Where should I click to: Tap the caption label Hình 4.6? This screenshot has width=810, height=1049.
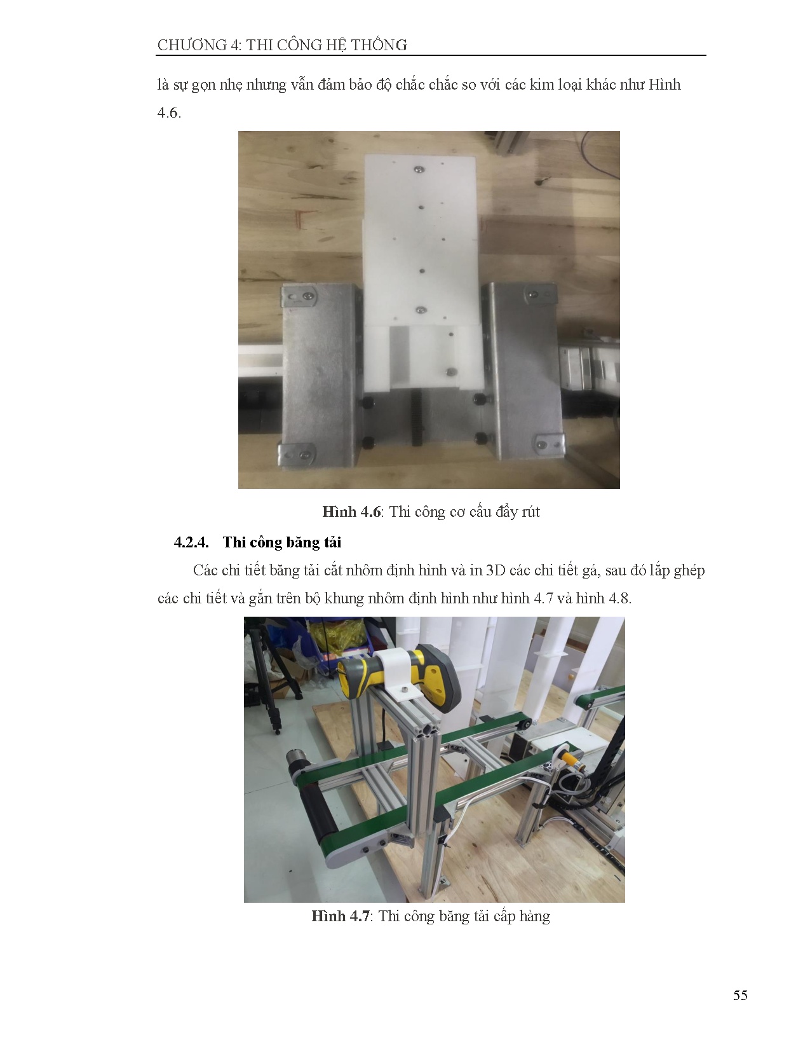coord(352,512)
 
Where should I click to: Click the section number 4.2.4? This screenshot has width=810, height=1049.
coord(191,542)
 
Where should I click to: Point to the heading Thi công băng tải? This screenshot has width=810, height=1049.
coord(282,542)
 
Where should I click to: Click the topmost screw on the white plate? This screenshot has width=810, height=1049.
coord(419,169)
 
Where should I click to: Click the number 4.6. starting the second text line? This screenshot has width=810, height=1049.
coord(169,113)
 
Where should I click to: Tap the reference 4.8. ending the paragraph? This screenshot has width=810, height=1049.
coord(620,599)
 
